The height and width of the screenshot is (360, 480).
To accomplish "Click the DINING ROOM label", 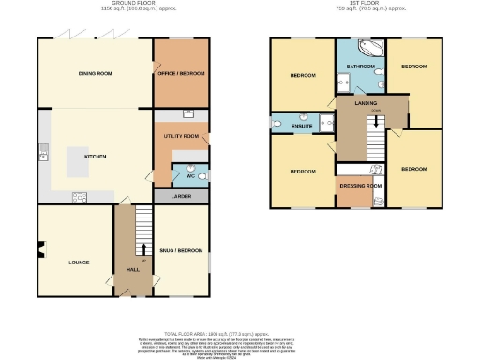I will [x=95, y=72].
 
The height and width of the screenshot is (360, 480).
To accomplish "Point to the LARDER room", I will [x=181, y=197].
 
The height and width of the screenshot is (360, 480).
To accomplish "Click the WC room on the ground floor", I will [x=189, y=174].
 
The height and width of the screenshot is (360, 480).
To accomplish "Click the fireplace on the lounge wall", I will [x=40, y=248].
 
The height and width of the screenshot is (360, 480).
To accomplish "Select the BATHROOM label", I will [x=360, y=67].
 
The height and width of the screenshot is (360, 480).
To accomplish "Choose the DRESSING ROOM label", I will [x=360, y=186].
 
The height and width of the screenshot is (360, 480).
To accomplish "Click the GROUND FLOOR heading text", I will [x=132, y=4].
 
